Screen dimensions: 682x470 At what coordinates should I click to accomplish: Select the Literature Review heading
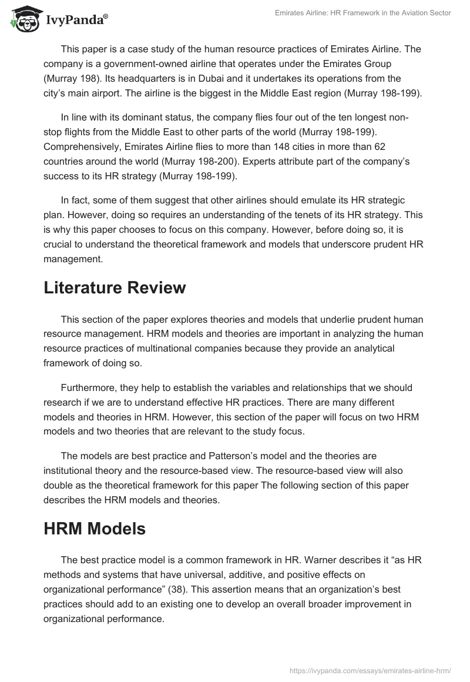coord(115,287)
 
